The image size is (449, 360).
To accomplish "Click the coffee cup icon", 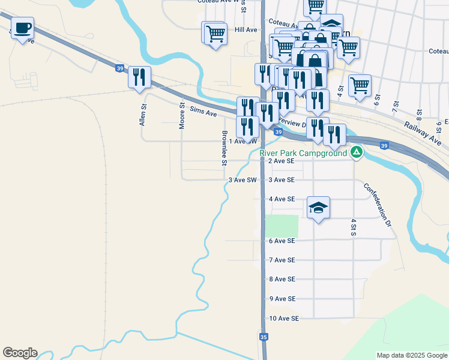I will click(x=22, y=28).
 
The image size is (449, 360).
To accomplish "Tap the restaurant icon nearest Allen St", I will click(x=139, y=76).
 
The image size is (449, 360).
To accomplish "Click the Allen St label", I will click(x=143, y=114).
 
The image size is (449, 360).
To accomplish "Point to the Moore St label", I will click(x=182, y=115).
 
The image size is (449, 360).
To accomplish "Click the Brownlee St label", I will click(x=224, y=148).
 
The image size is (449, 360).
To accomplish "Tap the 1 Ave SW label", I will click(x=243, y=142).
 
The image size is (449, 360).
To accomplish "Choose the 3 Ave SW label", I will click(x=243, y=180).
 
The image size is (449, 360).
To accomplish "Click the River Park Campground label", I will click(x=303, y=153).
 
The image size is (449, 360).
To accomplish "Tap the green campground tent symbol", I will click(x=357, y=152).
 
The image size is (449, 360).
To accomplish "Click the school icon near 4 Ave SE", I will click(x=319, y=208).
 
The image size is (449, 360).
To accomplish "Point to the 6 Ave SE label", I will click(x=282, y=241).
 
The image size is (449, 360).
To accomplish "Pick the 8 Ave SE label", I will click(x=282, y=280).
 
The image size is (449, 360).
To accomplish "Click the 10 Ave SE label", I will click(x=284, y=319).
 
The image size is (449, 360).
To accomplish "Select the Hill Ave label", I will click(x=246, y=29).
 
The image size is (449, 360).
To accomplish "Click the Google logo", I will click(x=20, y=353).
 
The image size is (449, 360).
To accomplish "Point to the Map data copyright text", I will click(x=411, y=355).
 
